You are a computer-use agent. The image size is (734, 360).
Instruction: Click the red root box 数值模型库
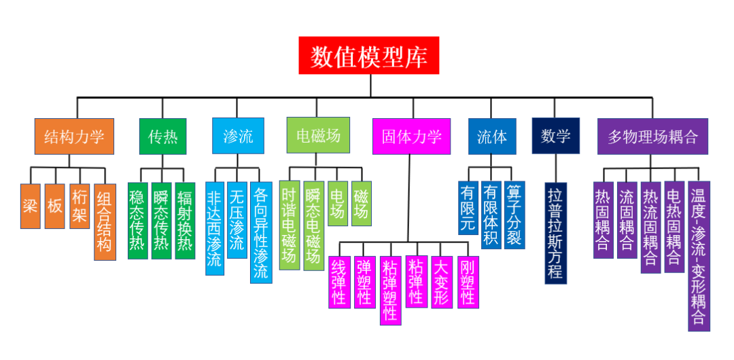pyautogui.click(x=369, y=56)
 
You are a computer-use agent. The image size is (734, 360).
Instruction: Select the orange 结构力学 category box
pyautogui.click(x=74, y=137)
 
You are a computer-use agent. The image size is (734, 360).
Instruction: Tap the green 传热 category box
pyautogui.click(x=162, y=137)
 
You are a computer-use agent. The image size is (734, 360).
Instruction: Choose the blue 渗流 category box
pyautogui.click(x=237, y=136)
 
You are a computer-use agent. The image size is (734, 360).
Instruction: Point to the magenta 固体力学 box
pyautogui.click(x=411, y=136)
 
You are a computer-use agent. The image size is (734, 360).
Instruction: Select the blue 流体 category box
pyautogui.click(x=491, y=136)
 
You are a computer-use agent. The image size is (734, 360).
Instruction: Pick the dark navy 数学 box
pyautogui.click(x=555, y=136)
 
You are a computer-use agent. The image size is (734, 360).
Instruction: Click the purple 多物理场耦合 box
pyautogui.click(x=652, y=136)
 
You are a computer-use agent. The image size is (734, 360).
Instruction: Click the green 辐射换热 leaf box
pyautogui.click(x=185, y=221)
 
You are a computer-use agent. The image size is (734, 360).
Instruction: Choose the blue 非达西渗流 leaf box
pyautogui.click(x=214, y=228)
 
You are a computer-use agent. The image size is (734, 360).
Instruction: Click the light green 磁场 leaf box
pyautogui.click(x=362, y=203)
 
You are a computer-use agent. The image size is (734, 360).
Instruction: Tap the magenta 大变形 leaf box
pyautogui.click(x=441, y=282)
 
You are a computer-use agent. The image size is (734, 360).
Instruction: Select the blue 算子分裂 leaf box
pyautogui.click(x=514, y=215)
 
